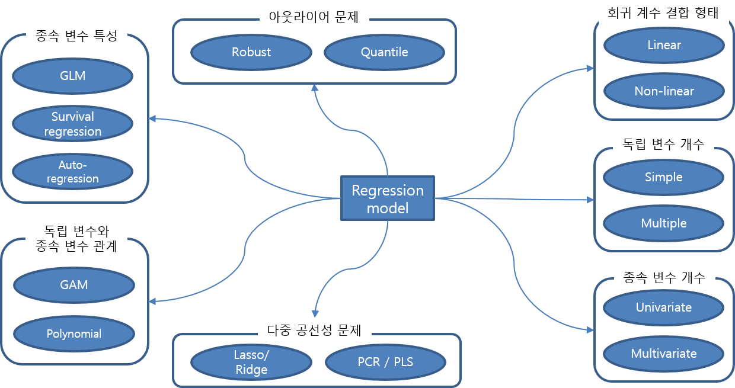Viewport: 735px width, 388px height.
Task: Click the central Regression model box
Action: [x=387, y=199]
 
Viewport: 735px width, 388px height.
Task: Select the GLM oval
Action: [x=73, y=76]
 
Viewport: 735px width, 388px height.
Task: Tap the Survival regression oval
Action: [x=73, y=124]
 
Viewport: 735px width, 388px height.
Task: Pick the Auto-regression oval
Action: [x=73, y=171]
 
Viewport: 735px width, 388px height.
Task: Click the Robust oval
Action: [x=251, y=52]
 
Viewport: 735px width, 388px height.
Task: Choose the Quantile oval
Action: [x=384, y=52]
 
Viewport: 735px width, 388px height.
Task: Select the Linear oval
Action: [x=664, y=45]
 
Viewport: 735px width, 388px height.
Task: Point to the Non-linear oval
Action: [x=664, y=91]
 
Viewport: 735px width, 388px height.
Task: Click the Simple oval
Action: [x=664, y=177]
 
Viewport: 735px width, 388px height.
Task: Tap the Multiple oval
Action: [x=664, y=223]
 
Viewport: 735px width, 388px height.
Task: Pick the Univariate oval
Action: [x=664, y=307]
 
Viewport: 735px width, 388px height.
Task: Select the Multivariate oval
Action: [x=664, y=354]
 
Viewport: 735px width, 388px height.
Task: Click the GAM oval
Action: [x=74, y=285]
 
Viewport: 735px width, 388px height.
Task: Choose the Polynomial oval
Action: [x=74, y=334]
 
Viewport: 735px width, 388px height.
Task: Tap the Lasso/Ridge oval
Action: [x=251, y=363]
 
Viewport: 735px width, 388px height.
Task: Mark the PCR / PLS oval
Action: [x=385, y=362]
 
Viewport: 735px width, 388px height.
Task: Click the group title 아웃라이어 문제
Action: [x=314, y=17]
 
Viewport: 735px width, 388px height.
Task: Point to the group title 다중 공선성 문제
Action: [x=315, y=330]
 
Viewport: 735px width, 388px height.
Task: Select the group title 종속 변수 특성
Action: [x=72, y=37]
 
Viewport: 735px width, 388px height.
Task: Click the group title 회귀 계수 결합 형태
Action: [x=663, y=13]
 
